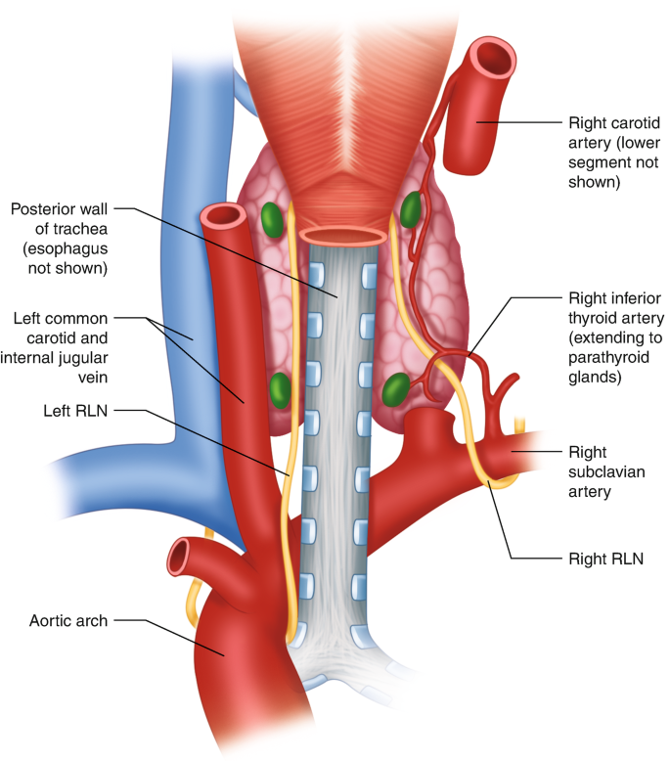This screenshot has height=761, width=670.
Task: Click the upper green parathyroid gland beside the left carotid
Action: coord(273,218)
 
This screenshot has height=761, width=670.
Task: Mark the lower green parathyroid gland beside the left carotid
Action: coord(280,389)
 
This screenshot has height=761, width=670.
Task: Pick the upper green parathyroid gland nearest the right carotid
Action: coord(412,208)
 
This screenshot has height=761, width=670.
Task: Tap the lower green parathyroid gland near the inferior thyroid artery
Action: coord(396,389)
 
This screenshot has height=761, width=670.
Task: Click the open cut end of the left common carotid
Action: coord(223,215)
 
